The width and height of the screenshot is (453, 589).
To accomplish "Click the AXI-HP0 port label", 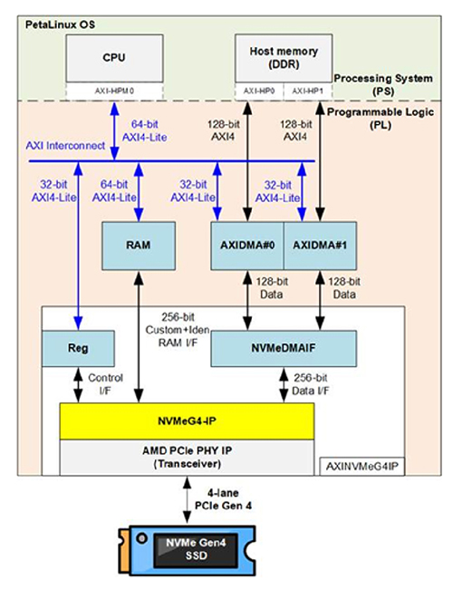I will tap(259, 91).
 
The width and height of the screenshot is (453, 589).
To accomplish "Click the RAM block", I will tap(139, 246).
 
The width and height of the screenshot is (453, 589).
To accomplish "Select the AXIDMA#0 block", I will tap(246, 246).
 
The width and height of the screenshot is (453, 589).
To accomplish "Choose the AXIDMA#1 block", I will tap(320, 246).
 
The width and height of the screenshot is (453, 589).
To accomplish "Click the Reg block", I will tap(79, 347).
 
